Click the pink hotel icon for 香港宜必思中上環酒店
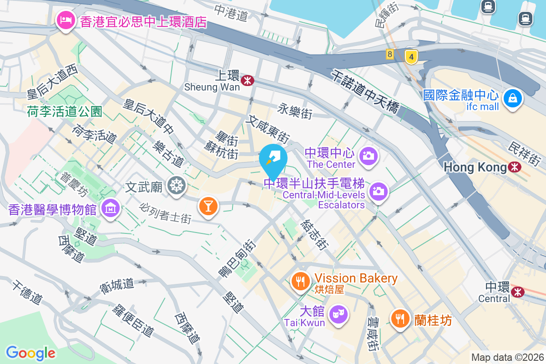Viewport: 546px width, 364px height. click(x=66, y=21)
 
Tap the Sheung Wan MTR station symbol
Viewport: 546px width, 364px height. click(x=248, y=81)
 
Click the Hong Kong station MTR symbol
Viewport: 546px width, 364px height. click(x=515, y=167)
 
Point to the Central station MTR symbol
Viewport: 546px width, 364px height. click(x=517, y=291)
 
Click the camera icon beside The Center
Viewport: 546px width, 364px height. click(x=369, y=156)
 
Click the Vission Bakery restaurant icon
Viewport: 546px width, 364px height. click(x=300, y=281)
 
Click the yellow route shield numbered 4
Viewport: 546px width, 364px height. click(x=411, y=57)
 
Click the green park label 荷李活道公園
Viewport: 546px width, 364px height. click(x=64, y=111)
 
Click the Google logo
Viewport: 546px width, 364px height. click(x=30, y=353)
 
